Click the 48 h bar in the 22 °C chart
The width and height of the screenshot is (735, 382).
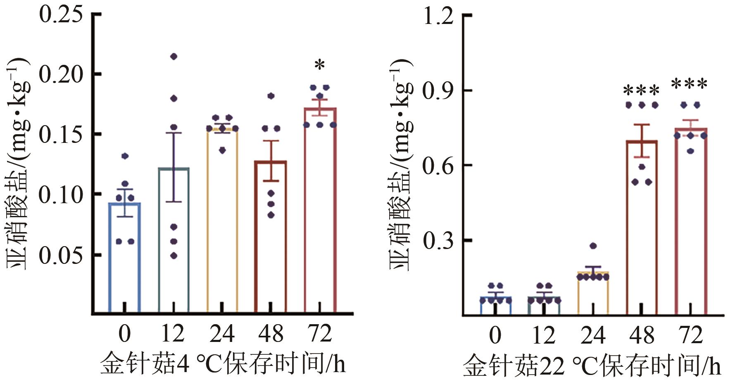tap(642, 231)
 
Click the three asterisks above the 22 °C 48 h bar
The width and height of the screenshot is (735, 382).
tap(641, 91)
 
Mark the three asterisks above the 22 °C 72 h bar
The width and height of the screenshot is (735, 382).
tap(690, 85)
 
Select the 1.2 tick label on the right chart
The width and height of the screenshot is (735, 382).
tap(438, 17)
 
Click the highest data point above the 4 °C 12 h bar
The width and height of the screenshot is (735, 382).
tap(174, 57)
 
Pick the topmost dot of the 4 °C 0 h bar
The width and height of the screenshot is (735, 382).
tap(125, 156)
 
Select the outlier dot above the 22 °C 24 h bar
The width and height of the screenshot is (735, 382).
tap(593, 246)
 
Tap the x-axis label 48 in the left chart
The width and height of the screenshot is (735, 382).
tap(271, 334)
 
